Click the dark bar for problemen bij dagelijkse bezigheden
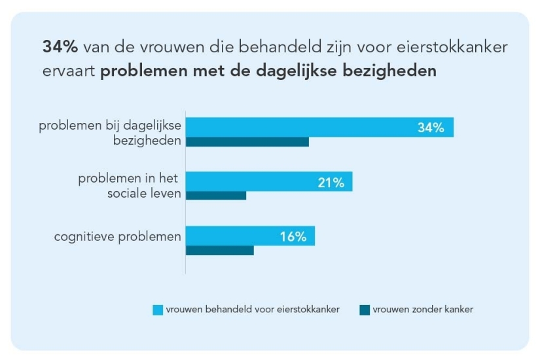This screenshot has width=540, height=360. click(247, 141)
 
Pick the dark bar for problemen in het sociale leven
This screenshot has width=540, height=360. click(216, 195)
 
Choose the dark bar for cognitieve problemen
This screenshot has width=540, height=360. click(220, 250)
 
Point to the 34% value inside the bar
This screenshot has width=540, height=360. click(431, 128)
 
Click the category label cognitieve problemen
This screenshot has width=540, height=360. click(117, 236)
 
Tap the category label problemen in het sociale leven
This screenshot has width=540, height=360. click(130, 186)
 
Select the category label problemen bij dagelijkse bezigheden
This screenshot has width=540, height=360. click(110, 133)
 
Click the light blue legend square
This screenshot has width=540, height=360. click(157, 310)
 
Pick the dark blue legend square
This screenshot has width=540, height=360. click(365, 310)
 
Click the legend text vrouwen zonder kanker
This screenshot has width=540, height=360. click(423, 310)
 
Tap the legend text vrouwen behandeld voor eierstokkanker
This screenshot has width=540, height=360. click(253, 310)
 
